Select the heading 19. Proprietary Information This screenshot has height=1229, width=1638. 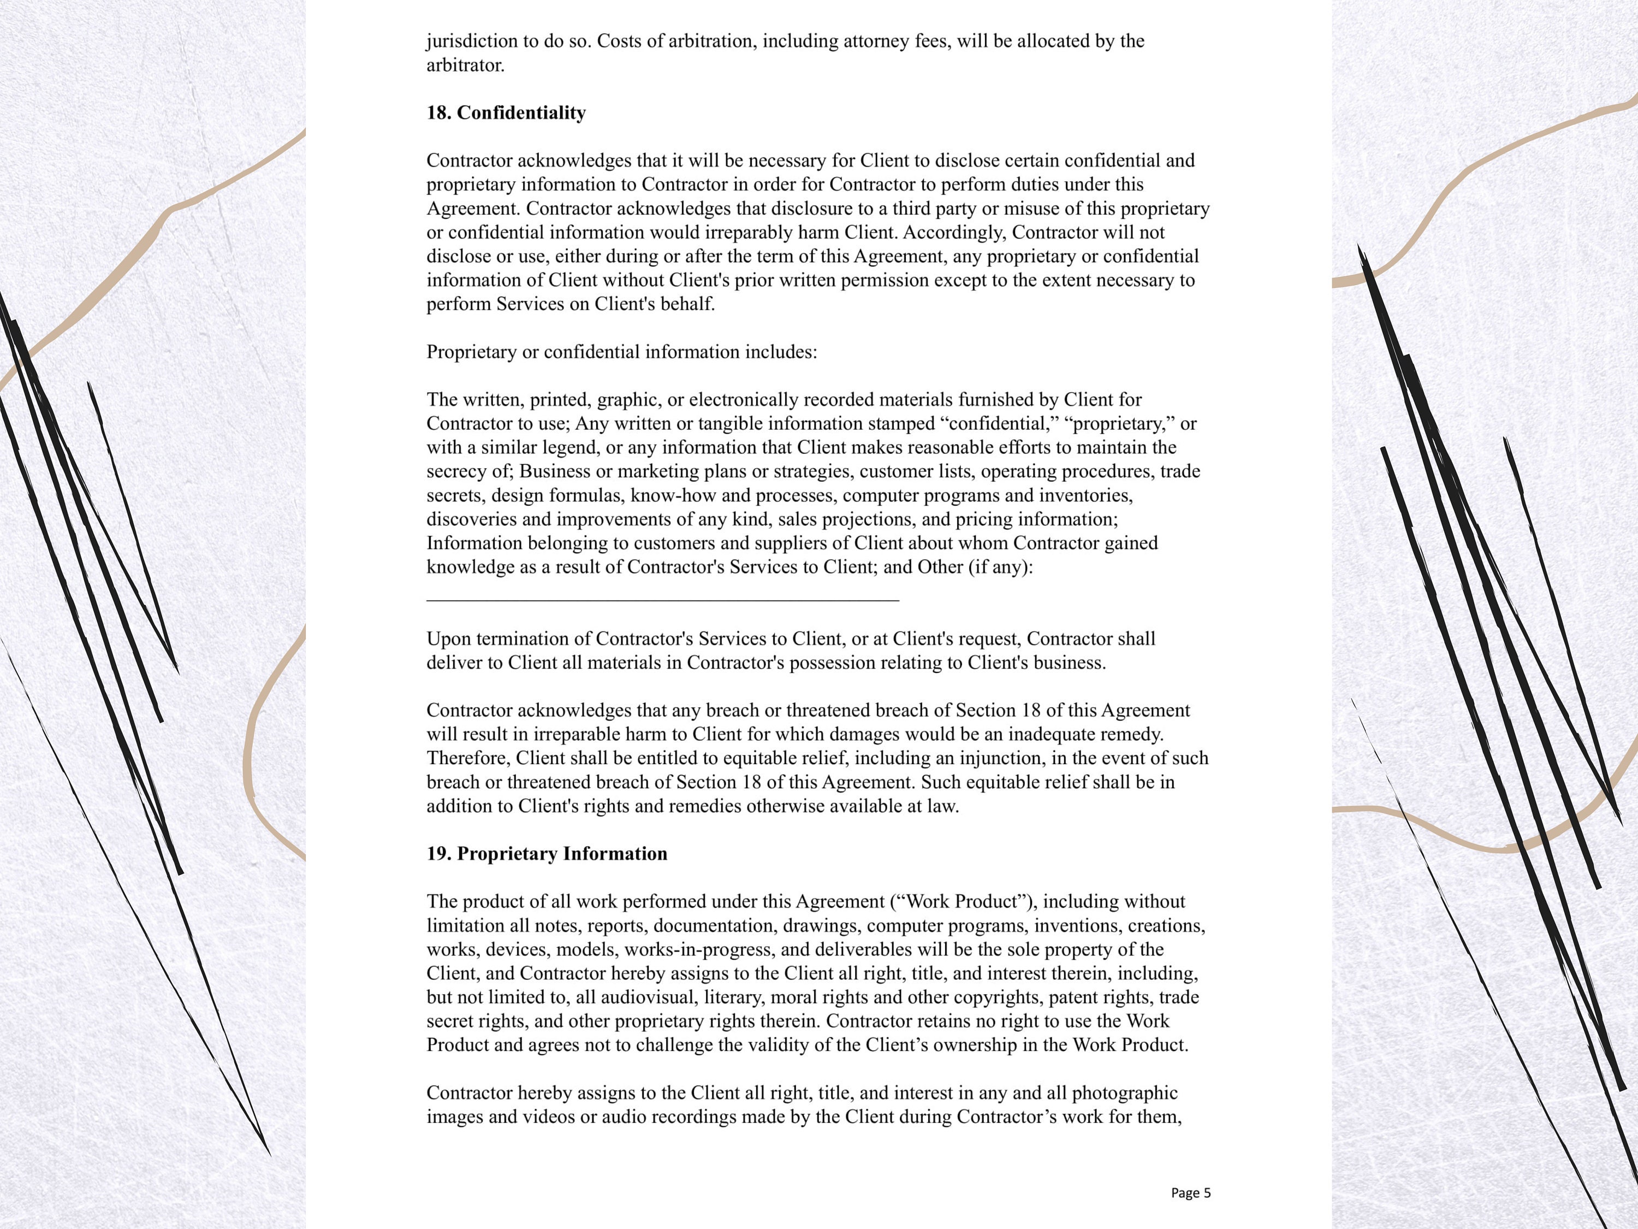pos(547,853)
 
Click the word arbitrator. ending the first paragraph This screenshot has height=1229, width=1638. pos(465,65)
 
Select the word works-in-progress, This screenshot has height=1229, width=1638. pos(701,950)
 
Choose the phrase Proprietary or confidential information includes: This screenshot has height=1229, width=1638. pos(621,352)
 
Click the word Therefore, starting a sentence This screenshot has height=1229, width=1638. pos(468,758)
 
